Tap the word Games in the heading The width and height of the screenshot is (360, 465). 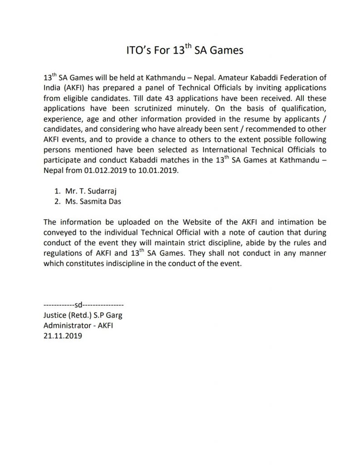pyautogui.click(x=227, y=50)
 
